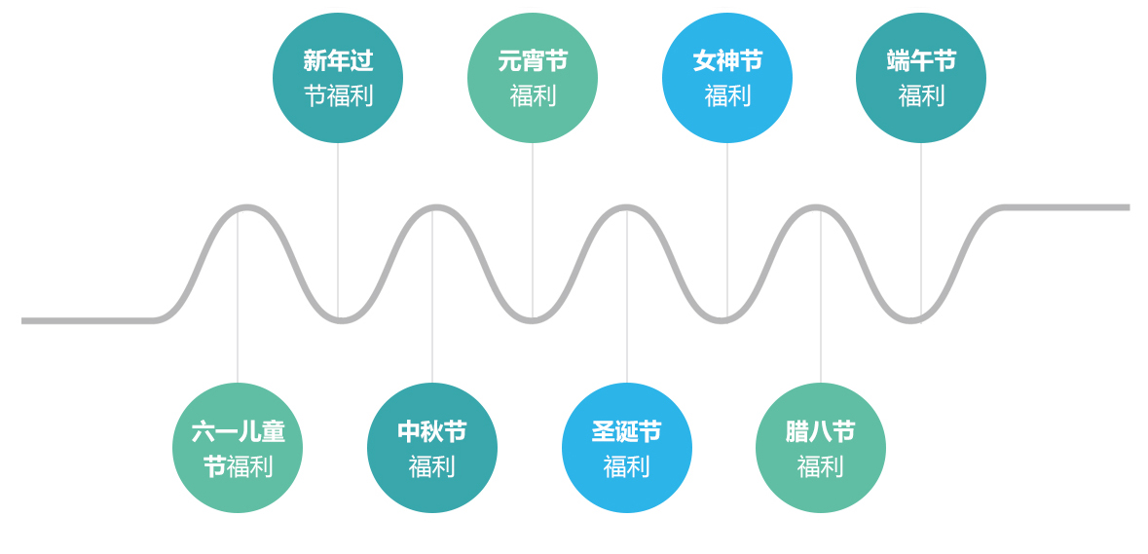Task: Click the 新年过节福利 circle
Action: [338, 78]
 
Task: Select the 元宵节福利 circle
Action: [533, 78]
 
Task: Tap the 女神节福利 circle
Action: [727, 78]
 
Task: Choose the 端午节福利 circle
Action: [921, 78]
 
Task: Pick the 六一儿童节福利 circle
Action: [238, 448]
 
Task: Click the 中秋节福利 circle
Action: [432, 448]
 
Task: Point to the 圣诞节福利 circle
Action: [627, 448]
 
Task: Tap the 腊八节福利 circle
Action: [821, 448]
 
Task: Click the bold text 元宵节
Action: [533, 61]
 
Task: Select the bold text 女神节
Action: [727, 61]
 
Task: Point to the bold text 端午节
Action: [921, 61]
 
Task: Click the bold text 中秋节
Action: [432, 431]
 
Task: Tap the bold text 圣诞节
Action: [627, 431]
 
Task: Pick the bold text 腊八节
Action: [821, 431]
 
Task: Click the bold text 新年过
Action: [338, 61]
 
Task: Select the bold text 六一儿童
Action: [238, 431]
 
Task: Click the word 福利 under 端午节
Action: [921, 95]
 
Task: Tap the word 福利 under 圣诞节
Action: [626, 466]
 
